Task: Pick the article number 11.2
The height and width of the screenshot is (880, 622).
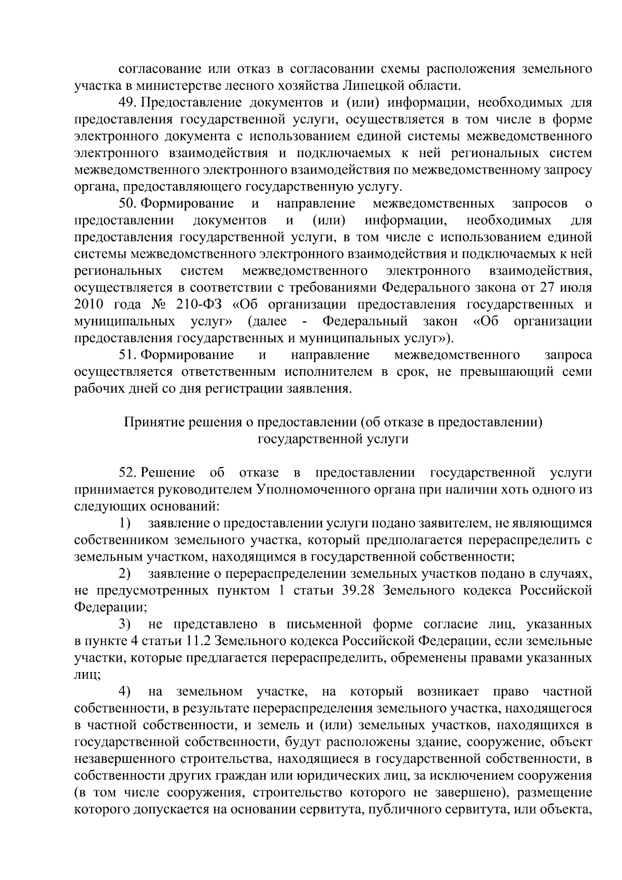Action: [197, 641]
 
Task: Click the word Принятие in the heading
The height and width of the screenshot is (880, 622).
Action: [148, 423]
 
